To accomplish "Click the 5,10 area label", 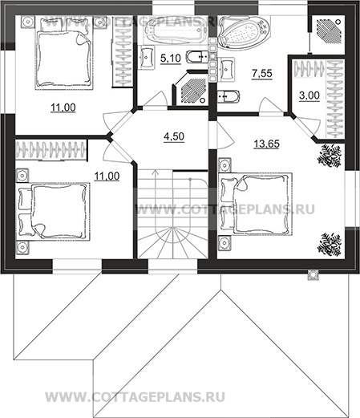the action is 171,58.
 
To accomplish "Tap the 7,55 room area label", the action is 262,73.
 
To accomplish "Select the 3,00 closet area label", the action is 309,95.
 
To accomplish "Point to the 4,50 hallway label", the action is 174,136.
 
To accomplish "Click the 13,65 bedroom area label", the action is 266,144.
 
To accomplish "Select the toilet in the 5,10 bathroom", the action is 197,57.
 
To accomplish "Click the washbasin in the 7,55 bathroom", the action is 226,69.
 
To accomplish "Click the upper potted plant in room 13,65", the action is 330,156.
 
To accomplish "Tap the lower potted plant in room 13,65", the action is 330,245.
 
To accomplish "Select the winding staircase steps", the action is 172,214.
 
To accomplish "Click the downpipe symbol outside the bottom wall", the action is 313,274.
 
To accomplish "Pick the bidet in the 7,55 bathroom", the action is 228,96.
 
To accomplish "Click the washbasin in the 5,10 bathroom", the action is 147,57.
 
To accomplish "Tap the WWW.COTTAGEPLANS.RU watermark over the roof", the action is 135,397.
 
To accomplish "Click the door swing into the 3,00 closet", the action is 308,126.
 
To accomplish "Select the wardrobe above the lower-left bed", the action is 51,150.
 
